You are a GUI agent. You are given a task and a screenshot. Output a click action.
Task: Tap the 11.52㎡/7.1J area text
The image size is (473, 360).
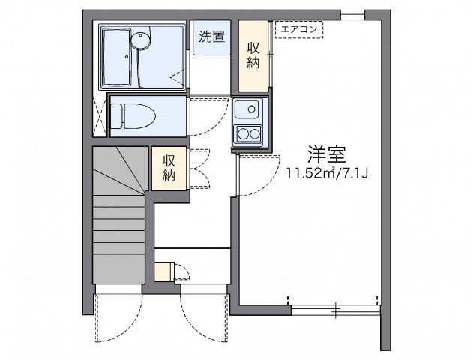326,174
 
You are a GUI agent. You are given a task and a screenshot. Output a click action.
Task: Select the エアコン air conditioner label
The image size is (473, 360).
298,30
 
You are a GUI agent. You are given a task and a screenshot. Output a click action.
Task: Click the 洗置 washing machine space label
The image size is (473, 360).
212,36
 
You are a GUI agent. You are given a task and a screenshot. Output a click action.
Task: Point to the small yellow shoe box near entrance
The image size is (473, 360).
163,270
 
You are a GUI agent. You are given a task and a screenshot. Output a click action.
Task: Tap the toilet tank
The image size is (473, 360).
116,115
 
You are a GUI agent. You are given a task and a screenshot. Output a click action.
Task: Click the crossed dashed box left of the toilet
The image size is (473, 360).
100,115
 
